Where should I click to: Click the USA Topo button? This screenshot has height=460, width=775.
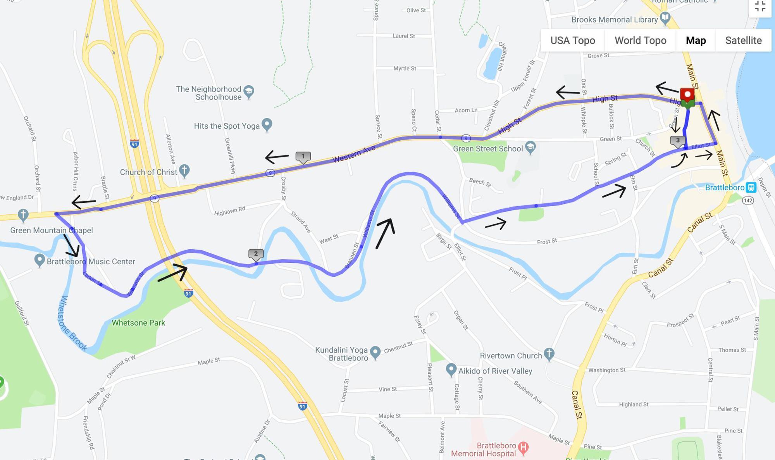point(572,40)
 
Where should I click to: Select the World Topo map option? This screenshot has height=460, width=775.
point(640,40)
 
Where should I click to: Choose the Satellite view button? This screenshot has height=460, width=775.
point(743,40)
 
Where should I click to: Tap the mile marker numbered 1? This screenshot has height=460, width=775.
point(303,157)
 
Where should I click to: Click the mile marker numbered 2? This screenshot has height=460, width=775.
point(256,254)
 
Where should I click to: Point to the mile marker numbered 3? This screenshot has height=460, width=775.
point(677,141)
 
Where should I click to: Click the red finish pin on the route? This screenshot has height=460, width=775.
point(687,95)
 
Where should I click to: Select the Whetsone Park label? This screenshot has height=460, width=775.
point(138,323)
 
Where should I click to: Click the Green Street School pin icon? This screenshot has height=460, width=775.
point(530,147)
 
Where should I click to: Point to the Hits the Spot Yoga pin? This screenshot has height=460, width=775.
point(267,124)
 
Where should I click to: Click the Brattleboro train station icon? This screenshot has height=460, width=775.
point(751,188)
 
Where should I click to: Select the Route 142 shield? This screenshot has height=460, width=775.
point(748,200)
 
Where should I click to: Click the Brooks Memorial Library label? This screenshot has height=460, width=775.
point(614,19)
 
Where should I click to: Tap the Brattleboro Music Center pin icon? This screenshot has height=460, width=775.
point(39,260)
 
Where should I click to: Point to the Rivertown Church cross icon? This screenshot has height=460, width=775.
point(549,353)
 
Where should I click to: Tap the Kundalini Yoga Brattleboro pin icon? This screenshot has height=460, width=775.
point(375,352)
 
